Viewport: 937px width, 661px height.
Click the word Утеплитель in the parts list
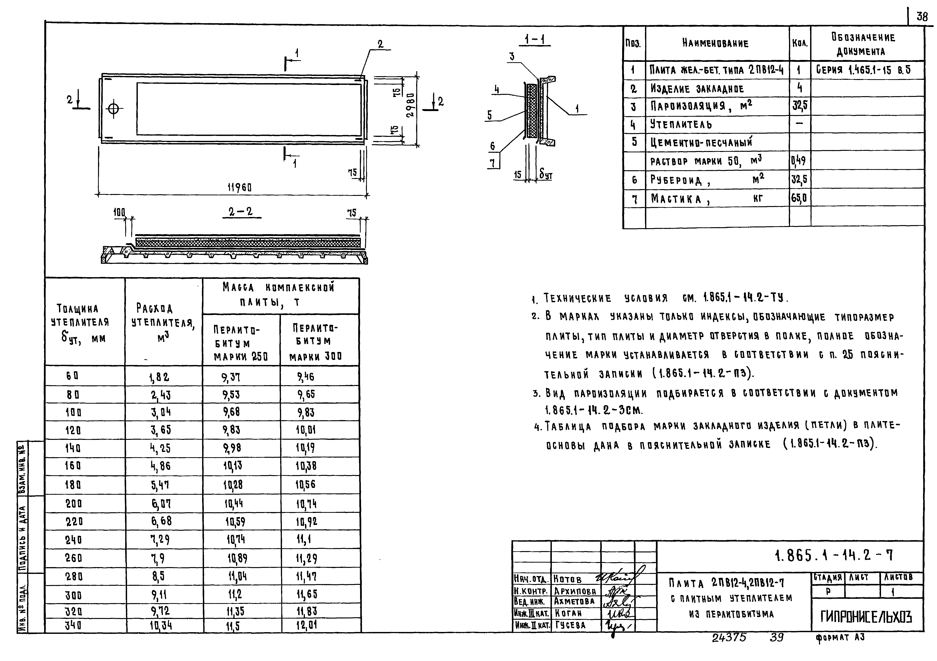(x=681, y=124)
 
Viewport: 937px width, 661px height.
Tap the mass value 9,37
(x=231, y=377)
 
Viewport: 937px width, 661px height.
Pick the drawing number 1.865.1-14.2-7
(x=833, y=555)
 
